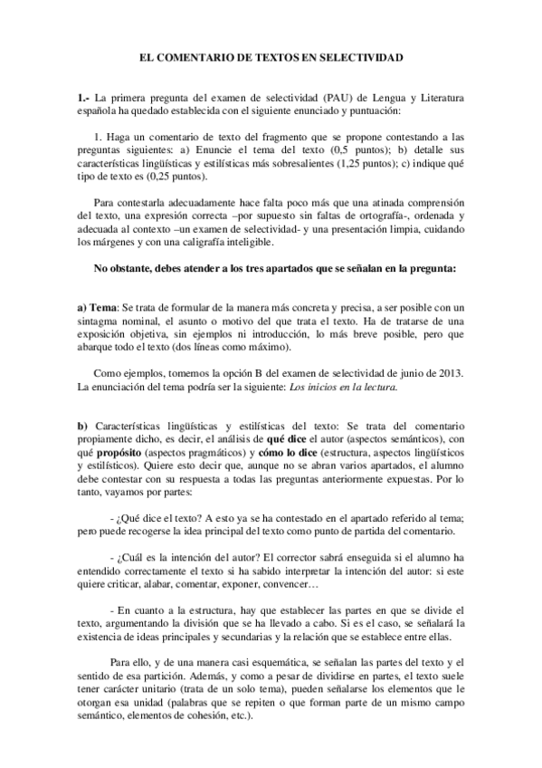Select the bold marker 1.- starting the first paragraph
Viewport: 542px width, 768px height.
(x=83, y=97)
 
